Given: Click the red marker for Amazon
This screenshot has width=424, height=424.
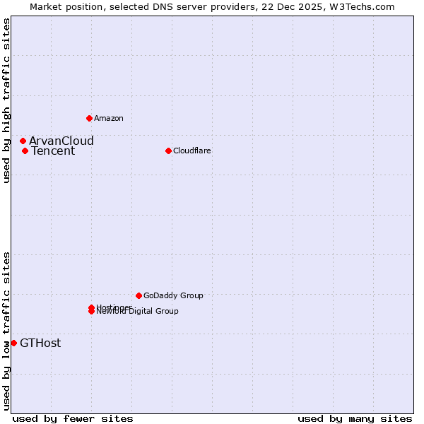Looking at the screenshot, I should (x=89, y=118).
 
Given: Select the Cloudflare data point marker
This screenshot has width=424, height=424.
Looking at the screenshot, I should (x=168, y=151).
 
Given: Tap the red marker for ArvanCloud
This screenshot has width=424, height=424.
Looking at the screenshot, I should (x=23, y=141).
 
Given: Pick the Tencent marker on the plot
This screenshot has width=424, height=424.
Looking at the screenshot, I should (x=25, y=151).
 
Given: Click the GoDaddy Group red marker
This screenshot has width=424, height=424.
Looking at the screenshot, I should (x=139, y=295).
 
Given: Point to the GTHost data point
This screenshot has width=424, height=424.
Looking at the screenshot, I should (x=13, y=343).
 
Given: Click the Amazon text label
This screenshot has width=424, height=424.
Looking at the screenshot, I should (x=109, y=118).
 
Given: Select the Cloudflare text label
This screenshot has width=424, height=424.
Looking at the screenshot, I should (x=192, y=151).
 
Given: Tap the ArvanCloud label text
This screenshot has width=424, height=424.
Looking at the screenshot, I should (x=61, y=141).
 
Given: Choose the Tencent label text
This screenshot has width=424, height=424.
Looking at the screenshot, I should (x=52, y=151).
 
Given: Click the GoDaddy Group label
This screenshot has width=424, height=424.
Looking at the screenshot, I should (x=173, y=295).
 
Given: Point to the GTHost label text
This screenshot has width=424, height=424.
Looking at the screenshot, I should (x=40, y=343).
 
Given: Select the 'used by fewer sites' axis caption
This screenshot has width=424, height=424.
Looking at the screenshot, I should (x=73, y=418).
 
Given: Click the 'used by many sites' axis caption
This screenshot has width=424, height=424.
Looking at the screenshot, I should (x=355, y=418).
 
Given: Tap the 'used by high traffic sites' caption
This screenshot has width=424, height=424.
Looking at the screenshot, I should (x=7, y=100).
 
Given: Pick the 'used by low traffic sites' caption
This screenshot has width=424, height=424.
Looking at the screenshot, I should (x=7, y=330).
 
